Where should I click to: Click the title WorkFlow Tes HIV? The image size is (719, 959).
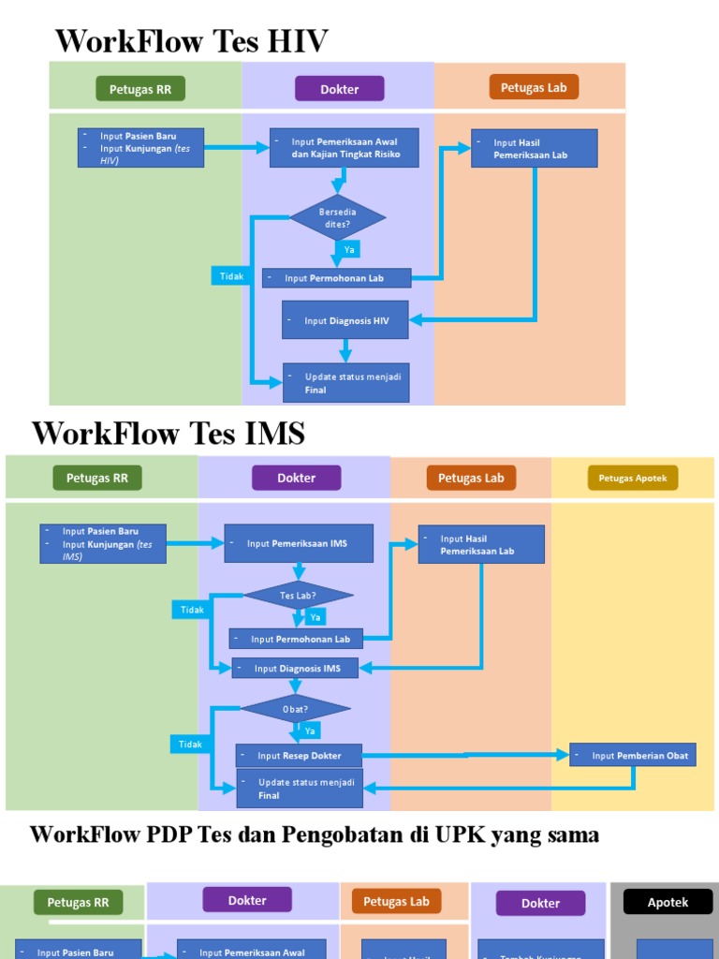coord(192,41)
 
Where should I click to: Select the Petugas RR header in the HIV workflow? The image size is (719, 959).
coord(140,90)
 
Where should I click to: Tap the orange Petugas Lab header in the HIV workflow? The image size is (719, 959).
coord(534,88)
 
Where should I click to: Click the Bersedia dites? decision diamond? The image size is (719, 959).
coord(337,217)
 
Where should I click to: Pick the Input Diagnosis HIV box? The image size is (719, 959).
coord(346,320)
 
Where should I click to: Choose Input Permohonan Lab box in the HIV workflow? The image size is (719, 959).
coord(336,278)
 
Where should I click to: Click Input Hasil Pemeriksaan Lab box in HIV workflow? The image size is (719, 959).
coord(534,149)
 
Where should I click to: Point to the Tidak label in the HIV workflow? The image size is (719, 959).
coord(231,276)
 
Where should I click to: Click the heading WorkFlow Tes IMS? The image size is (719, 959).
coord(169,434)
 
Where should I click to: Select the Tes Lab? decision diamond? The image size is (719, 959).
coord(299,596)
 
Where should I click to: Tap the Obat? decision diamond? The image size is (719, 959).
coord(296,709)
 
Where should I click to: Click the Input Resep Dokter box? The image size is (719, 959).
coord(299,756)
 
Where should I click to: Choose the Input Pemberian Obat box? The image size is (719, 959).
coord(633,756)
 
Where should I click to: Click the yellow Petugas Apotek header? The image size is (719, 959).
coord(633,479)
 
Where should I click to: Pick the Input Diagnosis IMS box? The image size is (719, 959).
coord(295,668)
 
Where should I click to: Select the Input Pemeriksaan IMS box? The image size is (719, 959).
coord(299,543)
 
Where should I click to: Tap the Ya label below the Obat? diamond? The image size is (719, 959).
coord(309,730)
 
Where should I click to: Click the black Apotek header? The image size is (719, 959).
coord(668,903)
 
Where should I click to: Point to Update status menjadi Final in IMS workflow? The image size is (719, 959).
coord(299,789)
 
